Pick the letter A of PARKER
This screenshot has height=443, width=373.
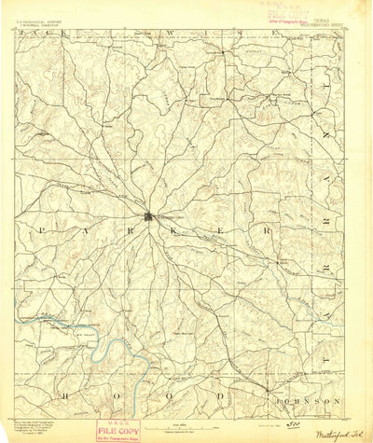pyautogui.click(x=89, y=228)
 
